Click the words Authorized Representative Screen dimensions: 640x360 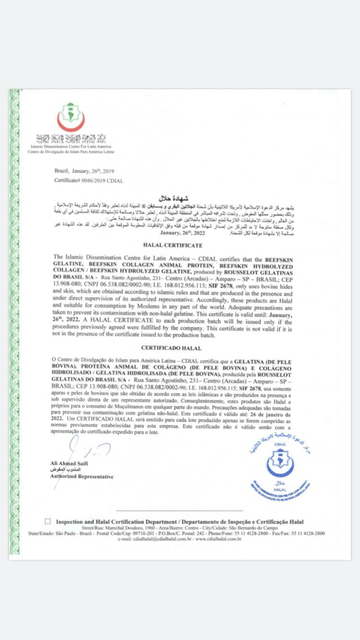[x=82, y=477]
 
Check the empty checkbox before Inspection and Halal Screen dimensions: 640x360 [x=48, y=521]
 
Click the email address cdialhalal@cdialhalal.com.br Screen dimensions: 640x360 [x=156, y=539]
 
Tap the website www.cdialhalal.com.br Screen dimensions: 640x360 [x=218, y=539]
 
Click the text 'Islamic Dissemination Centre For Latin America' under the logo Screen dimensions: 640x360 [x=71, y=146]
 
